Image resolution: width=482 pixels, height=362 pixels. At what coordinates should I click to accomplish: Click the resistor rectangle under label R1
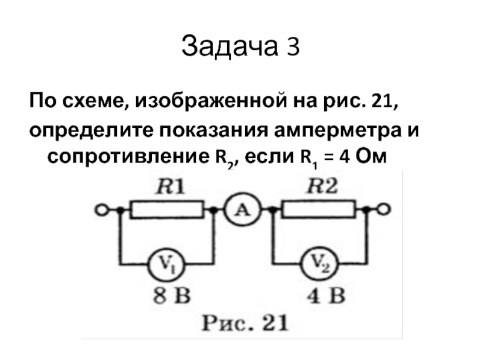pos(167,211)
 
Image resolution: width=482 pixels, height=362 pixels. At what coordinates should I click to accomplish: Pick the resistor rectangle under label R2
pos(319,211)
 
